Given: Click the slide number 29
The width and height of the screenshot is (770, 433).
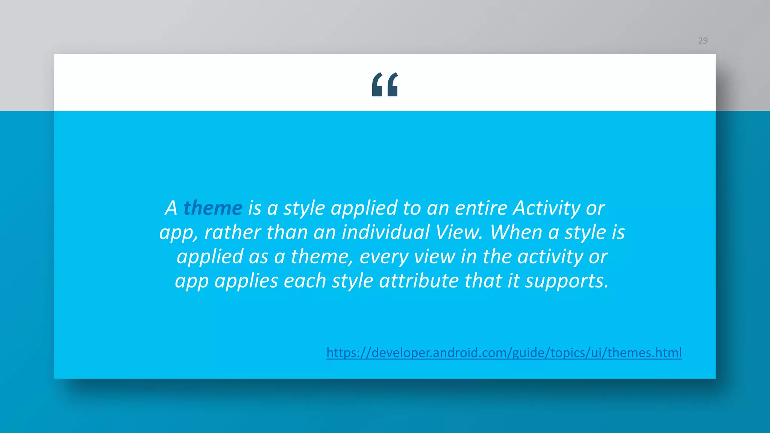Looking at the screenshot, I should [x=703, y=41].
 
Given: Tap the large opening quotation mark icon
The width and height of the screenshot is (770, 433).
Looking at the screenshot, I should [x=385, y=85].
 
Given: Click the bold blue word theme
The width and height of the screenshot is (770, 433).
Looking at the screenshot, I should [x=213, y=208].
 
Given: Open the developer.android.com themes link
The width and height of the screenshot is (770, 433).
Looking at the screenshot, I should [x=504, y=353].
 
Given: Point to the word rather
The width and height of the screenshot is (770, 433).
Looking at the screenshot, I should [x=232, y=232].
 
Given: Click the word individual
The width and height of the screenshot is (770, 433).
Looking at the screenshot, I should [x=385, y=232].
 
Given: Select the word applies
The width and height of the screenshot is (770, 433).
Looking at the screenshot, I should [x=246, y=281].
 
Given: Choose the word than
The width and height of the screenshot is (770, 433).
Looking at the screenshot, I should [x=287, y=232].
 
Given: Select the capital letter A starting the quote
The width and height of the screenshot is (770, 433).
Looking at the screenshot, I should [x=171, y=208].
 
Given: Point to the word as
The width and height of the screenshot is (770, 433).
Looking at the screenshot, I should [x=258, y=257].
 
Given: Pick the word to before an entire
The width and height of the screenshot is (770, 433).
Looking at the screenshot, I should [x=412, y=208].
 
